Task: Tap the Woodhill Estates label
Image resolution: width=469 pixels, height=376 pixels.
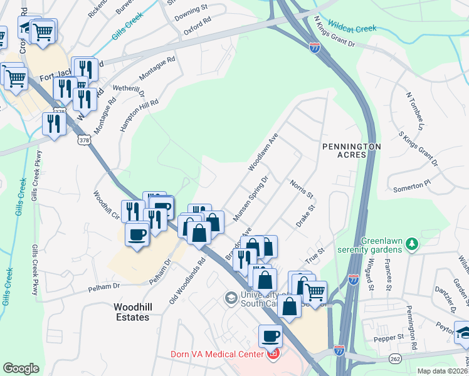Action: [131, 312]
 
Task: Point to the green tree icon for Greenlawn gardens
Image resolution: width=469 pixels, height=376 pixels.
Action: [412, 243]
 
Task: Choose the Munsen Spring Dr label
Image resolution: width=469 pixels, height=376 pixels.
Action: [251, 197]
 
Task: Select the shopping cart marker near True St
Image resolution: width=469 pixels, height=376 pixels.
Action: [315, 290]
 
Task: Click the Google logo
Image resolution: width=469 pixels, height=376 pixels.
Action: [21, 368]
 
